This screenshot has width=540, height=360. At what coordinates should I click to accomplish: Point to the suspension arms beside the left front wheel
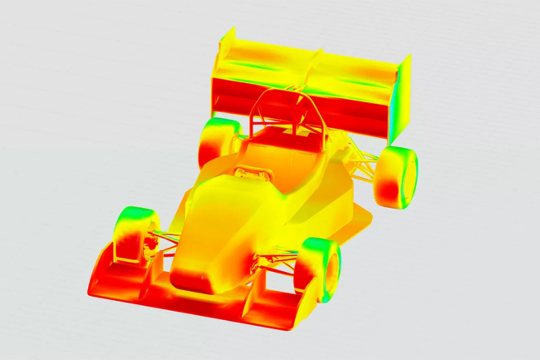166,240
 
